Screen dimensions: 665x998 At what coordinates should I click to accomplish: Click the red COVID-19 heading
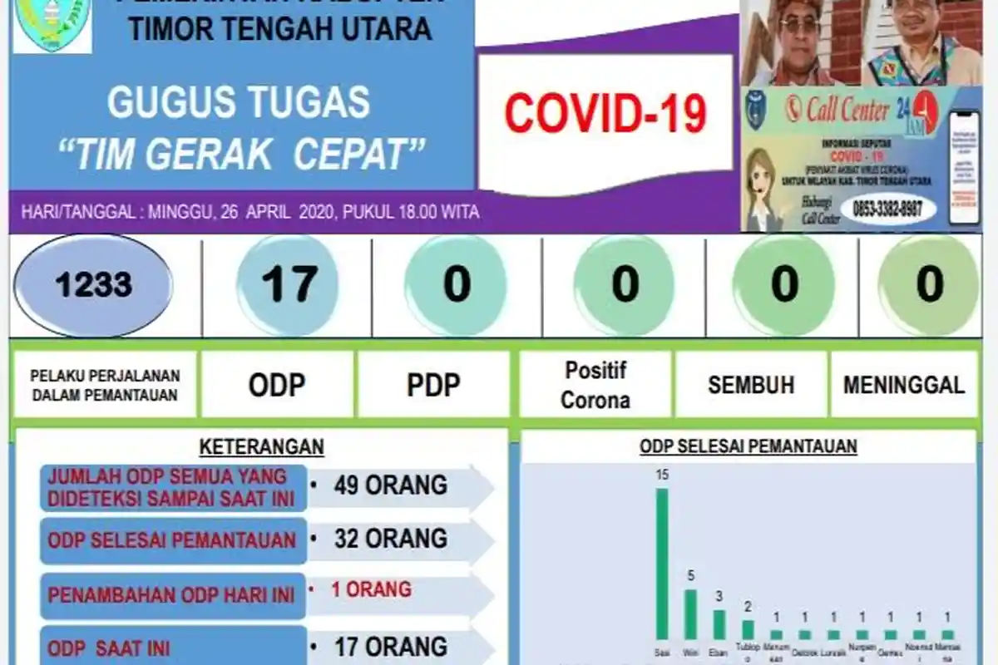coord(605,114)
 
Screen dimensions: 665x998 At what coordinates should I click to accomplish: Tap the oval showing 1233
coord(93,285)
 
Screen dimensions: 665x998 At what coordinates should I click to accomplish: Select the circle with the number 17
coord(288,285)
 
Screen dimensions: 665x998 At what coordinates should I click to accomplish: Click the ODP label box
coord(276,385)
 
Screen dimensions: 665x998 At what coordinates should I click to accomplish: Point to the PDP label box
coord(433,385)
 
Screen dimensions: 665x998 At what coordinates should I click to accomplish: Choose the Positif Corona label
coord(595,385)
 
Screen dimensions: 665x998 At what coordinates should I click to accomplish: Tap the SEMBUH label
coord(751,385)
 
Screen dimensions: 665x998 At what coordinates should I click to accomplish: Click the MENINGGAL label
coord(904,385)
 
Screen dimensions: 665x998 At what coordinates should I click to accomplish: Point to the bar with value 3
coord(719,624)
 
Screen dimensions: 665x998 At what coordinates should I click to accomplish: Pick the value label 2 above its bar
coord(748,607)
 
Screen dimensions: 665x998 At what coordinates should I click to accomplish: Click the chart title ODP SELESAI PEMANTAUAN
coord(748,446)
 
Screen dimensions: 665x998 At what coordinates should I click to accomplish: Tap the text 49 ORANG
coord(390,485)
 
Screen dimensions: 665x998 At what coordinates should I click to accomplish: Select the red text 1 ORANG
coord(371,589)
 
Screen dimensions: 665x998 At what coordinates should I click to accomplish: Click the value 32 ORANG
coord(390,539)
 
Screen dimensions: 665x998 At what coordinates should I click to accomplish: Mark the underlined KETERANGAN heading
coord(261,446)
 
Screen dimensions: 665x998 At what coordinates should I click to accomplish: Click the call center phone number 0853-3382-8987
coord(887,209)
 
